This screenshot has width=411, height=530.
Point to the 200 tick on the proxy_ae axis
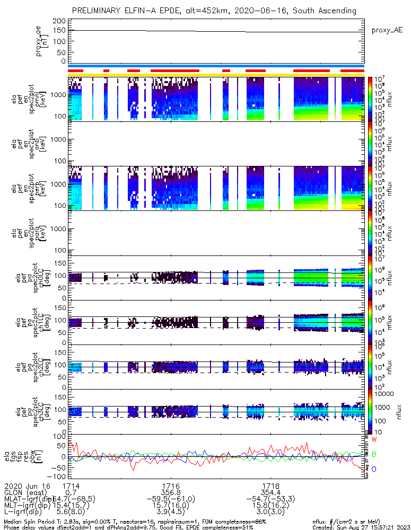click(59, 21)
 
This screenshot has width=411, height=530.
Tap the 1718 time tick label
click(271, 485)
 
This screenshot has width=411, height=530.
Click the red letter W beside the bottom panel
click(374, 440)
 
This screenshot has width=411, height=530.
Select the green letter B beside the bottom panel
click(374, 455)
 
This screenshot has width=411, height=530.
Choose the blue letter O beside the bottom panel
click(374, 470)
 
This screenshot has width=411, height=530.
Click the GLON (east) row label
click(26, 492)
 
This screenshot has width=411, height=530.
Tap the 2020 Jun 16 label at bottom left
click(26, 485)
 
